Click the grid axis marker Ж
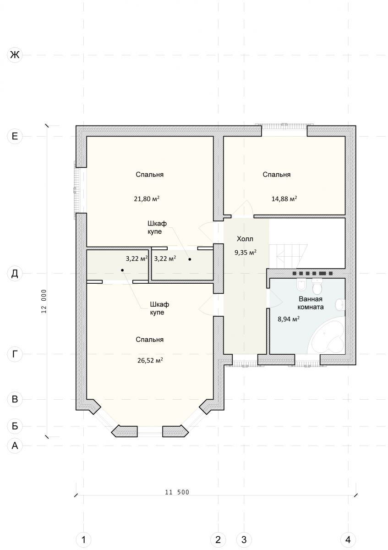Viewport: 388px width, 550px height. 15,55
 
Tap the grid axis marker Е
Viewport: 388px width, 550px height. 15,136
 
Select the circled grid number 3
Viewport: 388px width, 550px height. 244,540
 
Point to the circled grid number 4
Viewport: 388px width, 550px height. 348,540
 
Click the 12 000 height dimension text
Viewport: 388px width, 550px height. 44,301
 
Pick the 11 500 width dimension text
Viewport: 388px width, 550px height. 177,492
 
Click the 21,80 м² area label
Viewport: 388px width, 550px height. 147,198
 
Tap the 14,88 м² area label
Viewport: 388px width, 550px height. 284,198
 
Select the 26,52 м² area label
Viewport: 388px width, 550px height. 150,360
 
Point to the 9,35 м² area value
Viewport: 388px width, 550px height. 246,253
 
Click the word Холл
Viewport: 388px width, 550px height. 245,239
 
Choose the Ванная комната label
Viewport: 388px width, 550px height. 311,303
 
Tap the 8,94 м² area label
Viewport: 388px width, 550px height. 288,319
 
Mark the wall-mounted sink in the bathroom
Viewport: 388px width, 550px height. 341,305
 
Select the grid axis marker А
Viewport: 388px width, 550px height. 15,445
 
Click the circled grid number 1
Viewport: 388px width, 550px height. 83,540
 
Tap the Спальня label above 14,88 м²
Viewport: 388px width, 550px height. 277,175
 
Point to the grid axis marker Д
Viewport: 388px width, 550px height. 15,273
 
